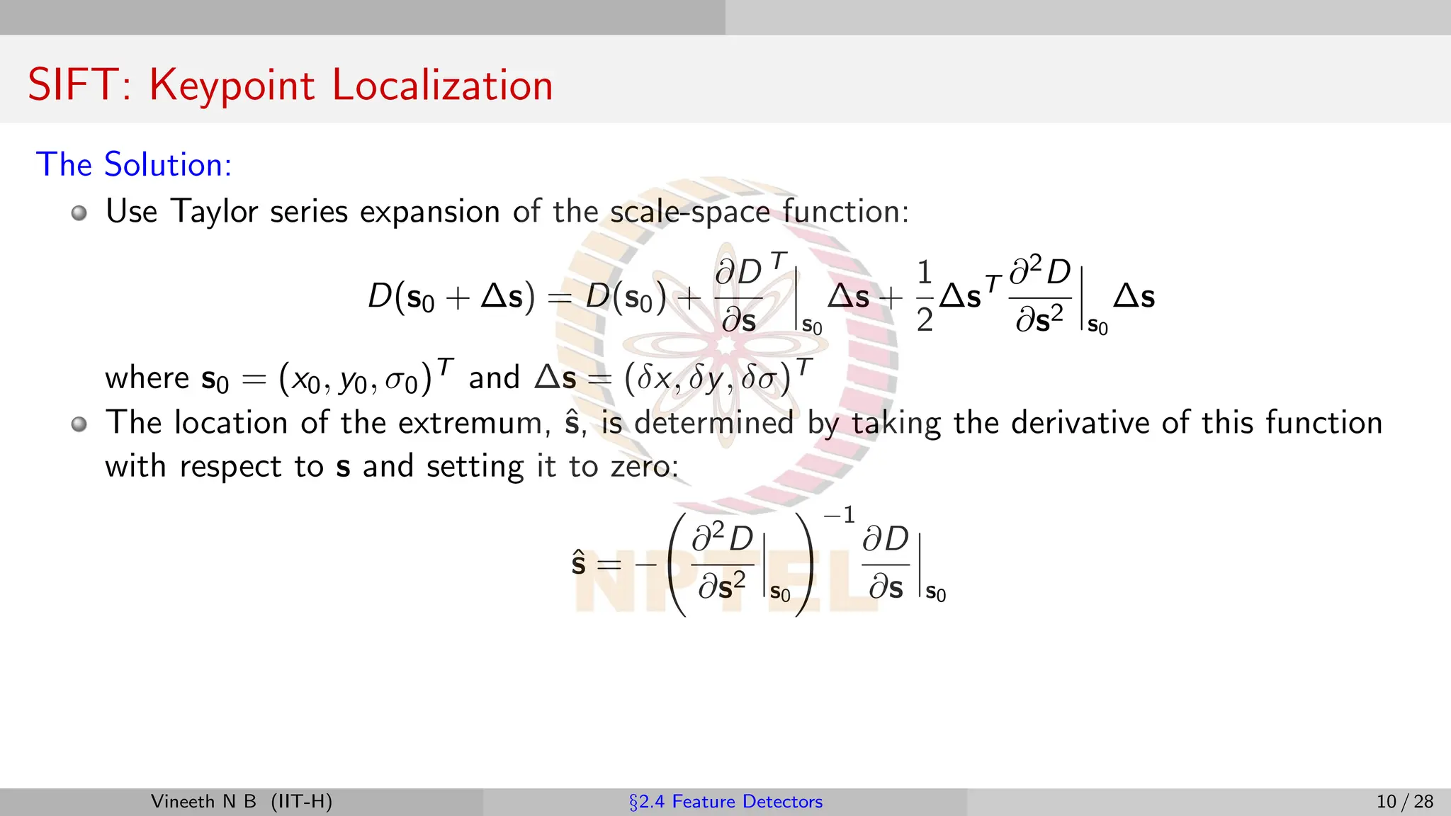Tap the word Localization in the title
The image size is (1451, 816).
pos(442,85)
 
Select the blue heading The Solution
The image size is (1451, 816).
pos(134,164)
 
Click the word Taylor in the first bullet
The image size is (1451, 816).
pos(214,212)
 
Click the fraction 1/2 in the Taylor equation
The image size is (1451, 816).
pos(924,296)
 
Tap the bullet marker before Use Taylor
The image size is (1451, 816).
pos(79,212)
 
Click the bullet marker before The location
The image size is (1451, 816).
pos(79,424)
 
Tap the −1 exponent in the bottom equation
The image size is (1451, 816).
pos(840,515)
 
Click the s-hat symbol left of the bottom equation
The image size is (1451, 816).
pos(578,564)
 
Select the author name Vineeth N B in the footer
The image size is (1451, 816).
pos(203,802)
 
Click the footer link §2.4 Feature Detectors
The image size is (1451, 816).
pos(725,802)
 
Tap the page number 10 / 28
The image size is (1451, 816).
pos(1404,802)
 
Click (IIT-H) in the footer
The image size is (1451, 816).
pos(301,802)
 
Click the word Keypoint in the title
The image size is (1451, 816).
pos(232,85)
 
